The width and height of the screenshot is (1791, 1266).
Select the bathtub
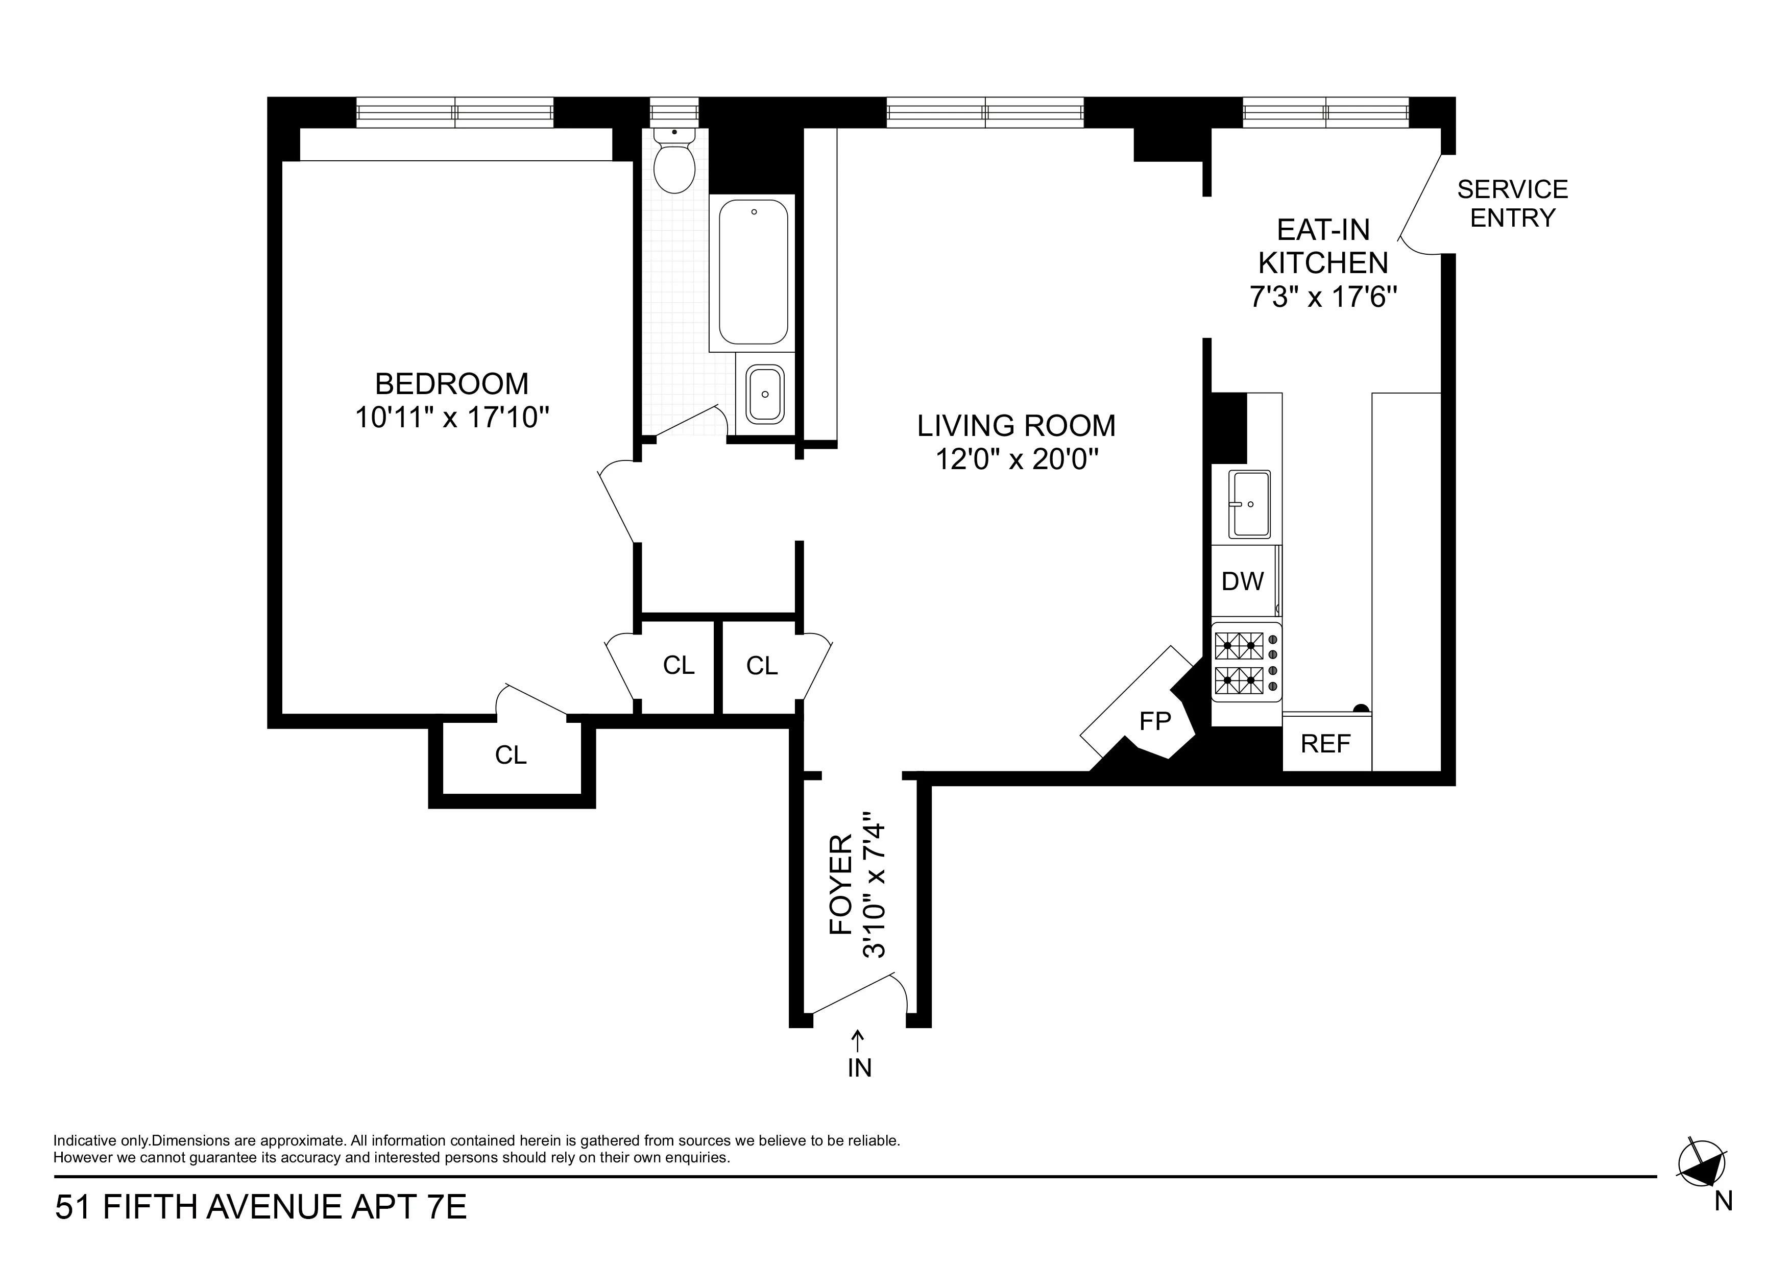[x=753, y=272]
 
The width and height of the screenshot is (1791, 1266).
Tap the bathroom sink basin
[x=764, y=395]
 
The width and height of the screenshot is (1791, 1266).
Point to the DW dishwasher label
[x=1242, y=581]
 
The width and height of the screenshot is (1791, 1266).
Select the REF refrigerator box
[x=1325, y=743]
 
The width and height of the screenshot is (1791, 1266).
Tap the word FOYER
[x=841, y=885]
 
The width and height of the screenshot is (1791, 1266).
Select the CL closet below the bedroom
[x=511, y=754]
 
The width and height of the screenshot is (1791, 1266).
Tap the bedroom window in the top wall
[x=455, y=112]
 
